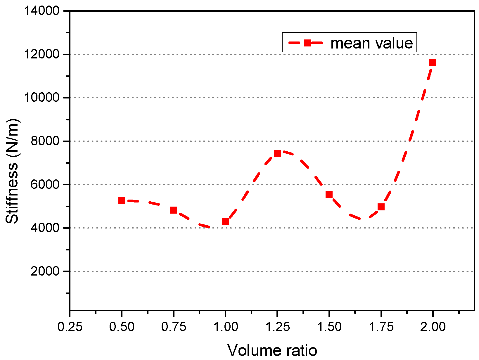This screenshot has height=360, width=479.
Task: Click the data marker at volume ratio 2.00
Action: [x=433, y=63]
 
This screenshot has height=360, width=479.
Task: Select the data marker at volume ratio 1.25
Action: [x=277, y=153]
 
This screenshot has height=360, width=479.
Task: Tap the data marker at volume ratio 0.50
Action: [x=122, y=200]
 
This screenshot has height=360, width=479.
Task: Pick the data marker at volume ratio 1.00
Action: [x=225, y=222]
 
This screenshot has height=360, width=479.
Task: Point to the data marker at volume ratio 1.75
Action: [x=381, y=207]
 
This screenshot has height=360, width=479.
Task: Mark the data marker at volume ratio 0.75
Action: [x=174, y=210]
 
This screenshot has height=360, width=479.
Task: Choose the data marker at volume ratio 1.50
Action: [x=329, y=194]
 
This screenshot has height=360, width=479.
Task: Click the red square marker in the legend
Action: [x=307, y=43]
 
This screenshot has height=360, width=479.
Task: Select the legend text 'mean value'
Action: [x=371, y=43]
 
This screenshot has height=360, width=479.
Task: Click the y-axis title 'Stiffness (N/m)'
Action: [x=12, y=171]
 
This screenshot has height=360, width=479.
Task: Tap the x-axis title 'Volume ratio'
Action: [x=272, y=350]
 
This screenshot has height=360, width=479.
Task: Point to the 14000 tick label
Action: [x=42, y=11]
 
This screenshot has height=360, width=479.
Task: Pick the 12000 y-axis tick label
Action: [x=42, y=54]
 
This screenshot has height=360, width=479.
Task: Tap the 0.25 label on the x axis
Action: [x=70, y=327]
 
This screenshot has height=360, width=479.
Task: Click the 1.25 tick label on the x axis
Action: [x=277, y=327]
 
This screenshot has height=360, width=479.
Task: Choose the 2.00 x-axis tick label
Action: [x=433, y=327]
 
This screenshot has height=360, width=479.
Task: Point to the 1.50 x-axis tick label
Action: [x=329, y=327]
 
